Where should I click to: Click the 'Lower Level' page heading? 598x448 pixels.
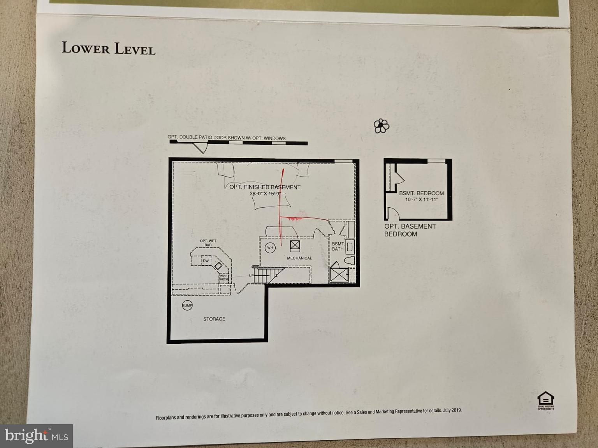[x=108, y=48]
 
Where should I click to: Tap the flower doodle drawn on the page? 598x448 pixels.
[x=381, y=126]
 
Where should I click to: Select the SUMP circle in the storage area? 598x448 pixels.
[x=187, y=306]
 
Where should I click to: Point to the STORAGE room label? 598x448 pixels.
[x=214, y=319]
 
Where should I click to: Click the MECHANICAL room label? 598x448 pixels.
[x=299, y=258]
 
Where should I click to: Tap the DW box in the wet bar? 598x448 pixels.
[x=206, y=261]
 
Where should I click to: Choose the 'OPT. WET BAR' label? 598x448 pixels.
[x=208, y=243]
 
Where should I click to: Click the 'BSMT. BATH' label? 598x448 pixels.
[x=338, y=247]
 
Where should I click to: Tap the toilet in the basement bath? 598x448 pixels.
[x=350, y=261]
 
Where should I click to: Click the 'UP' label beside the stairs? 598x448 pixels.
[x=251, y=276]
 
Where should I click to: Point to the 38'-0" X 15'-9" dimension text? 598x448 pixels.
[x=265, y=194]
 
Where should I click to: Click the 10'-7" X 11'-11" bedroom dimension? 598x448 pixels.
[x=421, y=199]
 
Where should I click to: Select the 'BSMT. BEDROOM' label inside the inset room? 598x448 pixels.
[x=421, y=193]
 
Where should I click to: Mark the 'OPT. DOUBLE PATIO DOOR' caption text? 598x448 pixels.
[x=226, y=138]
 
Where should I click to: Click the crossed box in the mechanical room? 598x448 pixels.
[x=295, y=246]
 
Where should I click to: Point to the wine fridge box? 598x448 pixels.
[x=224, y=278]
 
